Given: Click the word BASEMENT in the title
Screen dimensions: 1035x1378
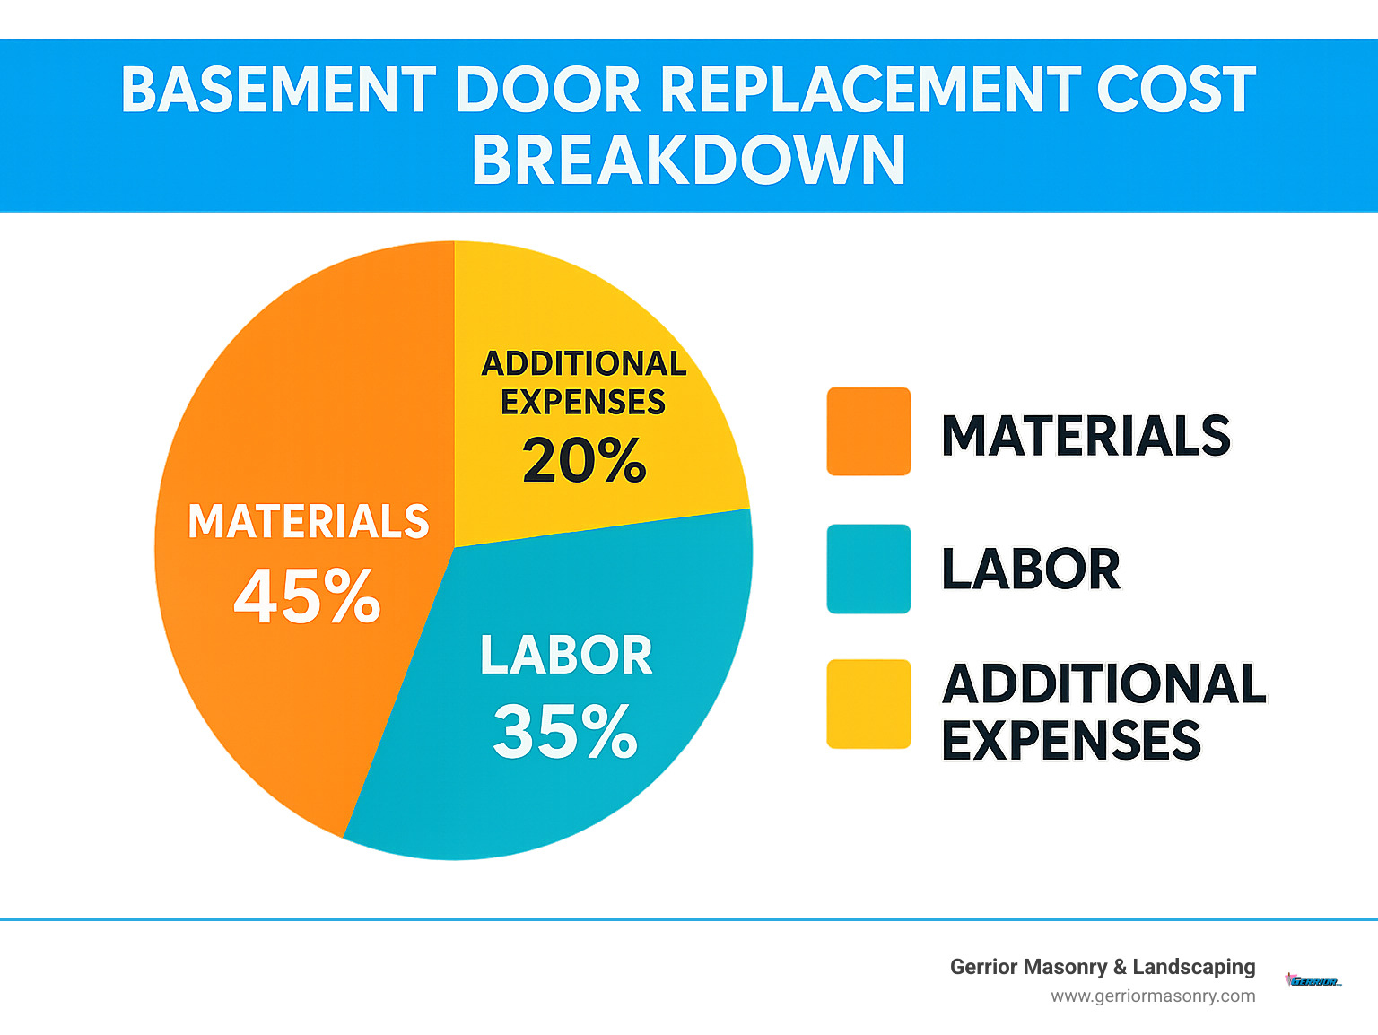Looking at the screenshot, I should click(x=278, y=91).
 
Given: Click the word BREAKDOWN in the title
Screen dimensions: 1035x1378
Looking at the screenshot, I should click(x=688, y=161).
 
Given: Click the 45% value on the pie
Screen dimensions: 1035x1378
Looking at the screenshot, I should click(x=307, y=596).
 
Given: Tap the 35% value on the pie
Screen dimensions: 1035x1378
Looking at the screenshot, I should click(x=565, y=732).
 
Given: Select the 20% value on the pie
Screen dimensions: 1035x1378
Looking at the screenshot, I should click(x=584, y=461).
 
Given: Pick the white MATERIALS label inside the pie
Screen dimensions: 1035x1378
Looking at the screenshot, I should click(x=309, y=522).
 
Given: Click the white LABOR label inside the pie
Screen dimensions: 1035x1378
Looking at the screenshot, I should click(x=566, y=656).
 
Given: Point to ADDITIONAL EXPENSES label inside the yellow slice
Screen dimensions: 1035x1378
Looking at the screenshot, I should click(x=584, y=383).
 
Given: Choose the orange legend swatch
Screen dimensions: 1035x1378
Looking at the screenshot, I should click(x=868, y=431).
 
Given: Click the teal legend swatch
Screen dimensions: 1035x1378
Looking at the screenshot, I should click(x=868, y=569).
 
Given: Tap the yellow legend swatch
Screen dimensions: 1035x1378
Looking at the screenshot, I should click(x=868, y=704).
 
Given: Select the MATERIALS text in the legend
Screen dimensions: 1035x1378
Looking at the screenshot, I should click(x=1086, y=436).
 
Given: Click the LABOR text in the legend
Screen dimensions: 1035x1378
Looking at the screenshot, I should click(x=1031, y=570).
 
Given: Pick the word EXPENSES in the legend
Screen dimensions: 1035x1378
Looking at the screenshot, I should click(x=1071, y=741).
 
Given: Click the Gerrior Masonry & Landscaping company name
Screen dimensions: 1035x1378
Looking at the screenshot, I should click(x=1103, y=967).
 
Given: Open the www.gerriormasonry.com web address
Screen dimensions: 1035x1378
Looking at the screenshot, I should click(x=1153, y=996).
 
